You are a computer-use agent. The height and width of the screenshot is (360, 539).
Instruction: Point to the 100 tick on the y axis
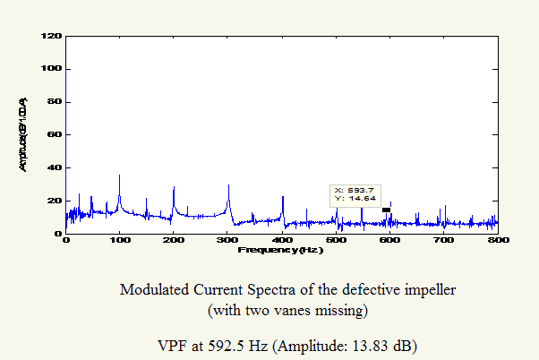(x=53, y=69)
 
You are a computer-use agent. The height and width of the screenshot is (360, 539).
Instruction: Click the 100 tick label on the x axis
(x=120, y=241)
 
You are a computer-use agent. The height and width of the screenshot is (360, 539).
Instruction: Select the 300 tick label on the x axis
(x=228, y=241)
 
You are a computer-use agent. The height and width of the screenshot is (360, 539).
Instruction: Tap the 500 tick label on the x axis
(x=337, y=241)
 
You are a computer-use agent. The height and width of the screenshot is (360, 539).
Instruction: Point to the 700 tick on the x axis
(x=444, y=241)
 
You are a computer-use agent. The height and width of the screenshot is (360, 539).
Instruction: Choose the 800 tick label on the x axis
(x=498, y=241)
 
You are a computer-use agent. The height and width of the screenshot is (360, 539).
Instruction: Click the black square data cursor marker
(x=387, y=210)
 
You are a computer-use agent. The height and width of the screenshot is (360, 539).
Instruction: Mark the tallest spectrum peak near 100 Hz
(x=119, y=176)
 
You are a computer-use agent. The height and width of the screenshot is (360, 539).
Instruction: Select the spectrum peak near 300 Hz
(x=228, y=185)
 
